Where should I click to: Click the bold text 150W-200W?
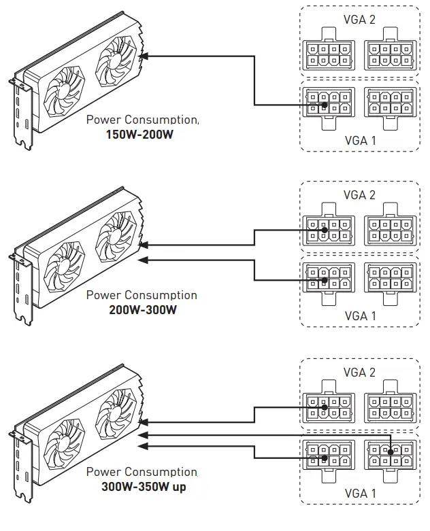[139, 135]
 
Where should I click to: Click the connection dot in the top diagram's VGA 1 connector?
[326, 105]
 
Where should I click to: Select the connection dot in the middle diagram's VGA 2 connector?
[326, 230]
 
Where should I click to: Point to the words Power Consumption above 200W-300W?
[142, 295]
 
